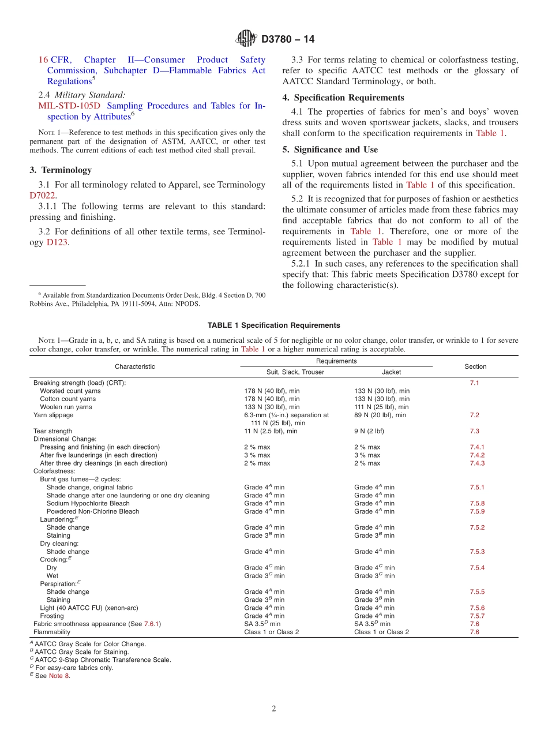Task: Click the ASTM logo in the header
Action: [x=246, y=39]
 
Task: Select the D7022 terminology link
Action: [x=42, y=196]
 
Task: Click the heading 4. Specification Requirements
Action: [x=343, y=98]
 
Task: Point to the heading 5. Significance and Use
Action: [x=330, y=149]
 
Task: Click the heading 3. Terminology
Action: [x=61, y=170]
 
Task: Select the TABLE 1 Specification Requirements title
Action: [x=273, y=325]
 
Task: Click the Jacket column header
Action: [x=391, y=372]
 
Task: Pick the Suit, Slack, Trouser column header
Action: [x=295, y=372]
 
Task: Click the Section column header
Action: [x=475, y=366]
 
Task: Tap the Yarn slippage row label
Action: [x=53, y=415]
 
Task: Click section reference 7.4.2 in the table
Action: [x=477, y=455]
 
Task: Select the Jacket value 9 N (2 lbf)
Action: [x=369, y=431]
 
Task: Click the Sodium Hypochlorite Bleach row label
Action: [x=88, y=503]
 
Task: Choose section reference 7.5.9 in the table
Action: [x=477, y=511]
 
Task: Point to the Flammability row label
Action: [x=52, y=632]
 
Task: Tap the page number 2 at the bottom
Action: [x=274, y=709]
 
